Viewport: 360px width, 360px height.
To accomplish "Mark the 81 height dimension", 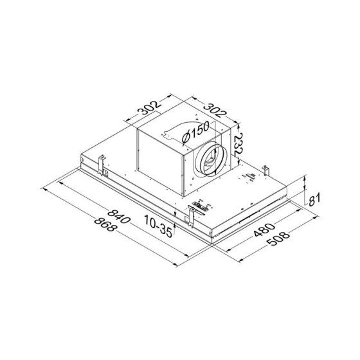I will point(314,199).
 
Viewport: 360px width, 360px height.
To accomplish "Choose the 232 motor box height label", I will point(239,141).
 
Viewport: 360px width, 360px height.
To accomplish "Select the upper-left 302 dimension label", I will point(144,113).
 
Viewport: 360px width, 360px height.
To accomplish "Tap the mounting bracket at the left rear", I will point(101,164).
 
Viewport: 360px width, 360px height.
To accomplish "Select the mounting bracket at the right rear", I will point(264,170).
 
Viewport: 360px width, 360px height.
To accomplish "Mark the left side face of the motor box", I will point(159,161).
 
